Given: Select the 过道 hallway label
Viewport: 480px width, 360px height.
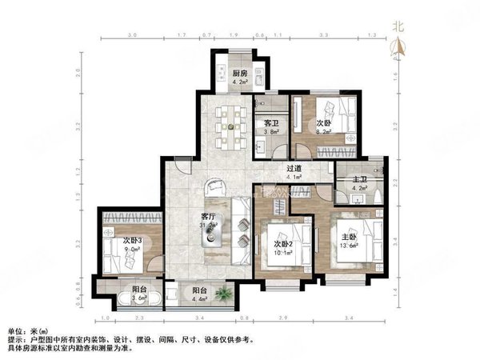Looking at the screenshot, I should [294, 169].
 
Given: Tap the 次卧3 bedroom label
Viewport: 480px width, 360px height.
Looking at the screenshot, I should [132, 240].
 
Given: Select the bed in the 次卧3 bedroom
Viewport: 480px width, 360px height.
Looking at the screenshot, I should [120, 248].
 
